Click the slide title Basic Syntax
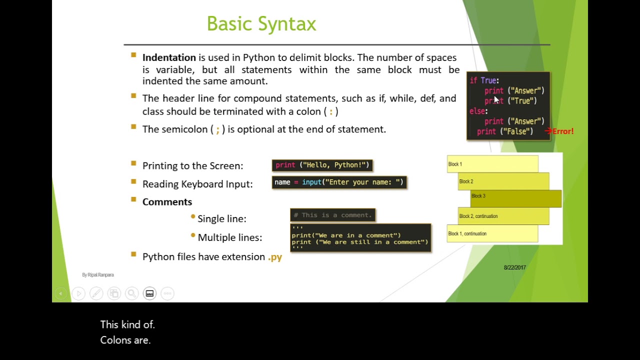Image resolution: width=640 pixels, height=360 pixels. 261,24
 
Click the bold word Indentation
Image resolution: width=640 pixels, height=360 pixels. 169,57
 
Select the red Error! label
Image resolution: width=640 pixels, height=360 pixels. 562,131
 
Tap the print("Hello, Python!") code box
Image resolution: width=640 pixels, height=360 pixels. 322,165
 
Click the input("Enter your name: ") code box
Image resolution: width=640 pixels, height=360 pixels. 339,182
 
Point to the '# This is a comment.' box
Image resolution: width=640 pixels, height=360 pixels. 332,215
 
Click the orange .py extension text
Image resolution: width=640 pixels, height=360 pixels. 275,257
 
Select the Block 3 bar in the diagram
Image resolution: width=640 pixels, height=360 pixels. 515,198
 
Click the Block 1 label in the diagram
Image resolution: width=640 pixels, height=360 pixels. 455,164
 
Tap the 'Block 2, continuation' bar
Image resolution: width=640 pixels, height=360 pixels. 503,216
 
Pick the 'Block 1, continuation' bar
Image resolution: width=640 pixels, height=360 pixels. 492,233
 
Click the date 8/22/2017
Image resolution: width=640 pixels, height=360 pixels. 514,267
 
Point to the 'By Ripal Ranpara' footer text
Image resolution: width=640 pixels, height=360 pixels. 98,275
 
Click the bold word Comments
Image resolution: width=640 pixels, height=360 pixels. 167,202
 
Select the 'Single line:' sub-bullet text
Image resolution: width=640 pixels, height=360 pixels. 221,219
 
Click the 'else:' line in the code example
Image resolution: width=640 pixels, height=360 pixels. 478,111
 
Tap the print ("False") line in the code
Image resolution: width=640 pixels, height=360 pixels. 504,131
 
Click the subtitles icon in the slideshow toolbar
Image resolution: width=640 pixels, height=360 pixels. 149,293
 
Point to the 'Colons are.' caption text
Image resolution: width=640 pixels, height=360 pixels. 125,340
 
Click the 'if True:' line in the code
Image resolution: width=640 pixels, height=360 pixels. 484,80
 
